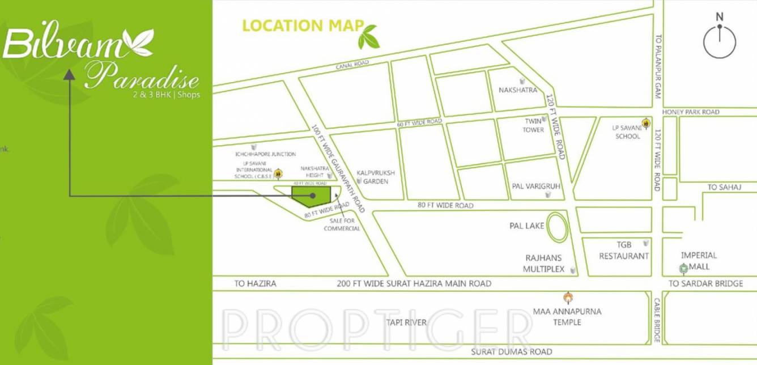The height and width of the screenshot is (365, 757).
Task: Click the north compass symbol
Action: tap(720, 41)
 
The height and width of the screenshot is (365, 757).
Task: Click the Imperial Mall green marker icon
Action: tap(684, 269)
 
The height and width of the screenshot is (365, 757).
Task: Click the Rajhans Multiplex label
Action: tap(544, 264)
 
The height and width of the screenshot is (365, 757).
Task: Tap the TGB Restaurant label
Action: tap(624, 251)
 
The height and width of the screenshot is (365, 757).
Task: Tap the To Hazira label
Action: tap(255, 283)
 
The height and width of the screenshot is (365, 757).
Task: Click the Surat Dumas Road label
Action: tap(512, 352)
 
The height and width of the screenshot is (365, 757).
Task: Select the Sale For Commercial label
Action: tap(342, 224)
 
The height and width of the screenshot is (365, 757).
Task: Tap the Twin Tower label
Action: tap(534, 125)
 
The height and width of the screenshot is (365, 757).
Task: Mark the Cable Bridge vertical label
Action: tap(657, 320)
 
